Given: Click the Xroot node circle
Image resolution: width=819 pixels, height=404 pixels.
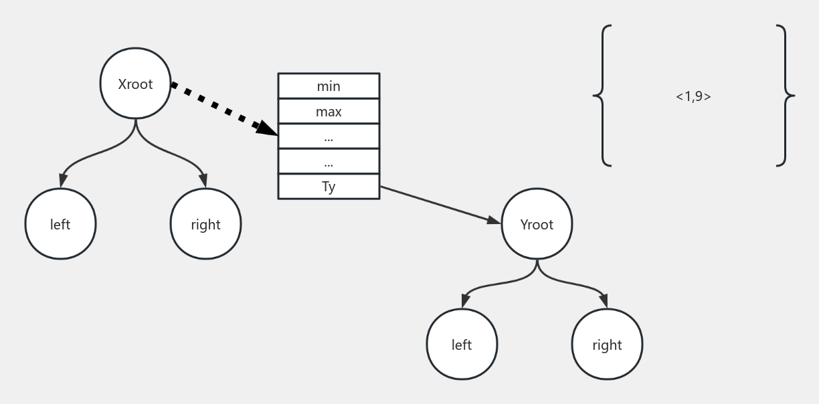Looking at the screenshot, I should [135, 84].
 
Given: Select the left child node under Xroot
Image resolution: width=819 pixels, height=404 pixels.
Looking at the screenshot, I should [60, 224].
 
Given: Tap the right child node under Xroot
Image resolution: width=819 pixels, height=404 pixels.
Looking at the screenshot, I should [205, 224].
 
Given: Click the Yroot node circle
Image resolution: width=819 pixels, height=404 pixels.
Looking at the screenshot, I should [537, 224].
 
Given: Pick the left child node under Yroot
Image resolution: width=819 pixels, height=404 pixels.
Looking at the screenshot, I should [462, 344].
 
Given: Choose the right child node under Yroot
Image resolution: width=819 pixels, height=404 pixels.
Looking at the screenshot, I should [607, 344].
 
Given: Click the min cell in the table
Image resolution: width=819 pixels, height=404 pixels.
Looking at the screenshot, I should [329, 86].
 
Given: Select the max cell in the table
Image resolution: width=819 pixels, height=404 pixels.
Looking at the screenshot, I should [329, 112].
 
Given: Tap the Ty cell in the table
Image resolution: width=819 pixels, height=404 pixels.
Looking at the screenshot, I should [329, 187].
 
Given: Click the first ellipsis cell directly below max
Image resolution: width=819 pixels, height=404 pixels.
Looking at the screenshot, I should [329, 136].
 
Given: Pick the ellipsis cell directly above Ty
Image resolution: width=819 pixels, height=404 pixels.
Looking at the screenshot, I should [329, 161].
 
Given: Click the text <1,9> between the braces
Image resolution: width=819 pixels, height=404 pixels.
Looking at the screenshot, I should [693, 96].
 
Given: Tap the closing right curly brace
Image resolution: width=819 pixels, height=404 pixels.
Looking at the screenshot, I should [786, 96].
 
